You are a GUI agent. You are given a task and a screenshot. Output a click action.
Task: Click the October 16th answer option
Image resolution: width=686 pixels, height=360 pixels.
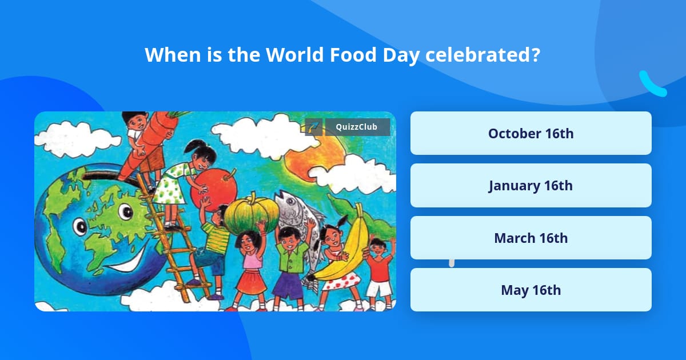pyautogui.click(x=531, y=133)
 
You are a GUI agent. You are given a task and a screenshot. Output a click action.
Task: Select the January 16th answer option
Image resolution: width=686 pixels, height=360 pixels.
pyautogui.click(x=531, y=186)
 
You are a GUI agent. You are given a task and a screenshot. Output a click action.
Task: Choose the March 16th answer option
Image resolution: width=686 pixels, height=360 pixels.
pyautogui.click(x=531, y=238)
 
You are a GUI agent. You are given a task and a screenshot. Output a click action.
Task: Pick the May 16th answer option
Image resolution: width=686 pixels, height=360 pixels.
pyautogui.click(x=531, y=290)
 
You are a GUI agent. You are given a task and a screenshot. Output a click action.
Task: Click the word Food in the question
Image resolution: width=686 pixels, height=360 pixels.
pyautogui.click(x=353, y=55)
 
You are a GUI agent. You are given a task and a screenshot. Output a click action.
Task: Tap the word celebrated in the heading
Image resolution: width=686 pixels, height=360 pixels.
pyautogui.click(x=482, y=55)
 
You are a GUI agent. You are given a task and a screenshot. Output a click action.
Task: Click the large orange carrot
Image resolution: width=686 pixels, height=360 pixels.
pyautogui.click(x=147, y=144)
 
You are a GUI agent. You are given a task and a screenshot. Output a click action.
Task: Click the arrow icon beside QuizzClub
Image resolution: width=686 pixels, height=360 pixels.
pyautogui.click(x=314, y=127)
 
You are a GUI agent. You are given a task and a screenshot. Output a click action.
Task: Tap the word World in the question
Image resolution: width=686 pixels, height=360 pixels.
pyautogui.click(x=294, y=55)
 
